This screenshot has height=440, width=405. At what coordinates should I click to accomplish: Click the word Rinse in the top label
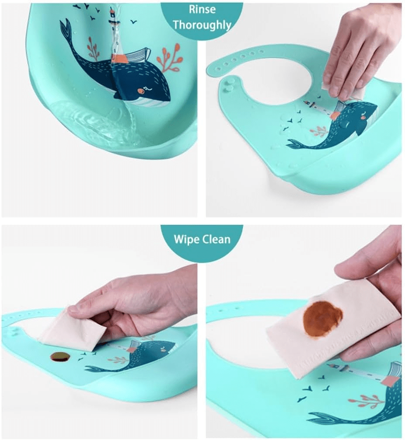click(202, 9)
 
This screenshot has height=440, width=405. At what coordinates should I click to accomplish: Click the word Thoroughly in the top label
click(202, 25)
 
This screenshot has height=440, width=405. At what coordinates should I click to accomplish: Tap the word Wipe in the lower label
click(186, 239)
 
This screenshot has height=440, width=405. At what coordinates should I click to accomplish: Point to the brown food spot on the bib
click(60, 357)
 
